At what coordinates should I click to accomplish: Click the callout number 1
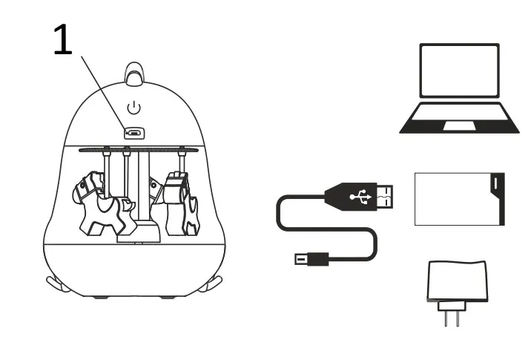(63, 42)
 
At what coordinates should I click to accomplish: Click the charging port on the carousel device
(134, 134)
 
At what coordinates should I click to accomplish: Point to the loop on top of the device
(133, 71)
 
